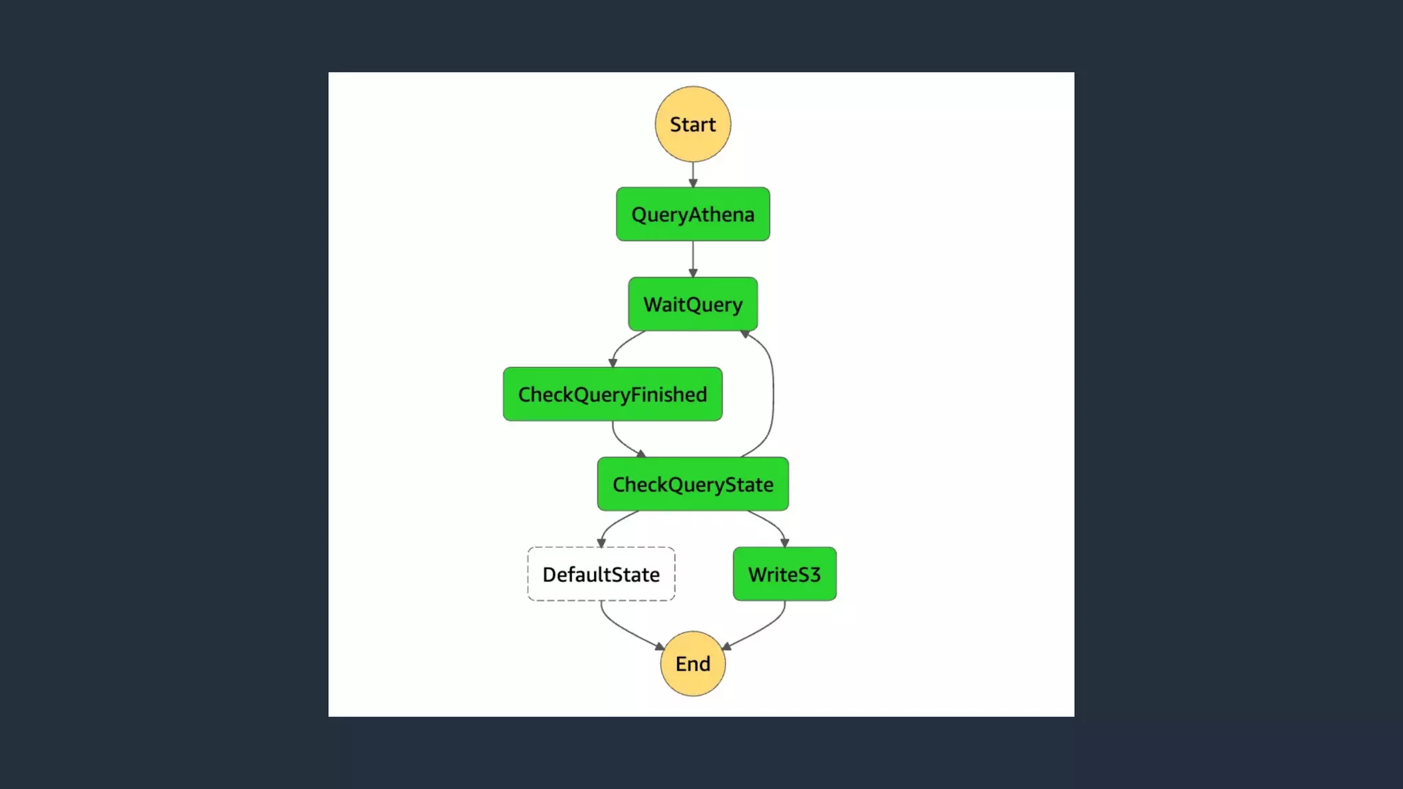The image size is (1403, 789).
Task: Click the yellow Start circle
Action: point(693,124)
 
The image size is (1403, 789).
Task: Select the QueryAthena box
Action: point(693,214)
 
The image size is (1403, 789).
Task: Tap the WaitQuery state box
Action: point(693,304)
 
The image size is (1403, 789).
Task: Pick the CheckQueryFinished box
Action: point(612,394)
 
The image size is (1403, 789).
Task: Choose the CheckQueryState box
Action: point(693,484)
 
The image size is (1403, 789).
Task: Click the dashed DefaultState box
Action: point(601,574)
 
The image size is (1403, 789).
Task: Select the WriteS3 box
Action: point(784,574)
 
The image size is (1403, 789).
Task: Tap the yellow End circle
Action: point(693,664)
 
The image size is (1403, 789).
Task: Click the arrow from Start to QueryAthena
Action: point(693,174)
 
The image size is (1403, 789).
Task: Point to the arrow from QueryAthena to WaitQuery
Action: point(693,258)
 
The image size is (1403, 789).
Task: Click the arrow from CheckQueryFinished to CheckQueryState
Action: point(622,442)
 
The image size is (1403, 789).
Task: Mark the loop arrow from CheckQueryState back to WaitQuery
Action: point(773,394)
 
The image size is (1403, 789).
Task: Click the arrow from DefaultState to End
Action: point(623,628)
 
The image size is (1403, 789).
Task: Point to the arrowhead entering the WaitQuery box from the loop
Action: point(745,334)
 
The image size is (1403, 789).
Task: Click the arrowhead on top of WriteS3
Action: point(784,543)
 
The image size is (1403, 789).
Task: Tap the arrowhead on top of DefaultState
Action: point(601,543)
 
